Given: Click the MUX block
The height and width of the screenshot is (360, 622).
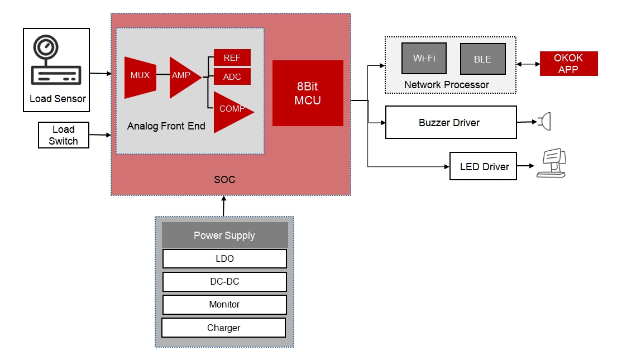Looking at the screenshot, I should pyautogui.click(x=140, y=76).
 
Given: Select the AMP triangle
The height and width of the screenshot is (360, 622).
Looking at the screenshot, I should pyautogui.click(x=183, y=76).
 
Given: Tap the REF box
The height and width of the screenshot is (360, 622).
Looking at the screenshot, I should pyautogui.click(x=232, y=57).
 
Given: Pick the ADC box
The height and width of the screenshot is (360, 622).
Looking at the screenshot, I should pyautogui.click(x=232, y=76).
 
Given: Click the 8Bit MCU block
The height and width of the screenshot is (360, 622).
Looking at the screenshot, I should pyautogui.click(x=308, y=93).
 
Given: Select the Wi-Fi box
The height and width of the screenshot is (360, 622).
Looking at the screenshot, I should pyautogui.click(x=424, y=58).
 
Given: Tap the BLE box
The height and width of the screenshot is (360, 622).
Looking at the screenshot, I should pyautogui.click(x=482, y=59).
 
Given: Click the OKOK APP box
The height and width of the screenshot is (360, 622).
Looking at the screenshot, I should pyautogui.click(x=568, y=64).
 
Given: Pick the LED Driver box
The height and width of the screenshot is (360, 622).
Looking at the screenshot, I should pyautogui.click(x=484, y=166).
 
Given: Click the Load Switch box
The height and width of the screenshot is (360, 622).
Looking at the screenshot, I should pyautogui.click(x=63, y=136).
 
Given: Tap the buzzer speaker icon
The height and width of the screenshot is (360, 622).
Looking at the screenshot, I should pyautogui.click(x=544, y=121).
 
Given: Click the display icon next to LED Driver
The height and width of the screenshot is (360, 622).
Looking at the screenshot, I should pyautogui.click(x=551, y=163).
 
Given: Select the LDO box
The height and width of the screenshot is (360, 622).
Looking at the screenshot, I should pyautogui.click(x=224, y=258).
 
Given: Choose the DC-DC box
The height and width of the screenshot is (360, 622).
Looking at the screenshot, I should pyautogui.click(x=224, y=281).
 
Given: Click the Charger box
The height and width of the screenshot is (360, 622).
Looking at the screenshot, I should pyautogui.click(x=223, y=328).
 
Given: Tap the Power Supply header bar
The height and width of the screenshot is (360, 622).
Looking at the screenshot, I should pyautogui.click(x=224, y=235).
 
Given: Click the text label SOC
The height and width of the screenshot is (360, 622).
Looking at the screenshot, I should pyautogui.click(x=224, y=180).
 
